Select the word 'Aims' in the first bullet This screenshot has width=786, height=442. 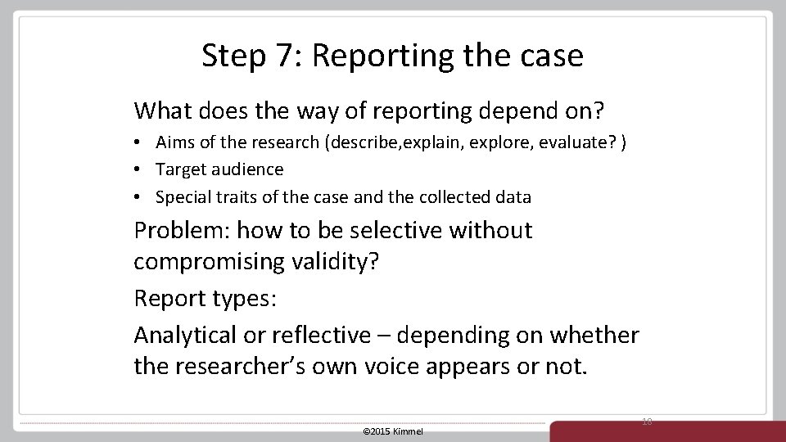click(x=174, y=142)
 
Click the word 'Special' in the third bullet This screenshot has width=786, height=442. click(x=182, y=197)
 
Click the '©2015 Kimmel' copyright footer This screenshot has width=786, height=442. click(x=393, y=431)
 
